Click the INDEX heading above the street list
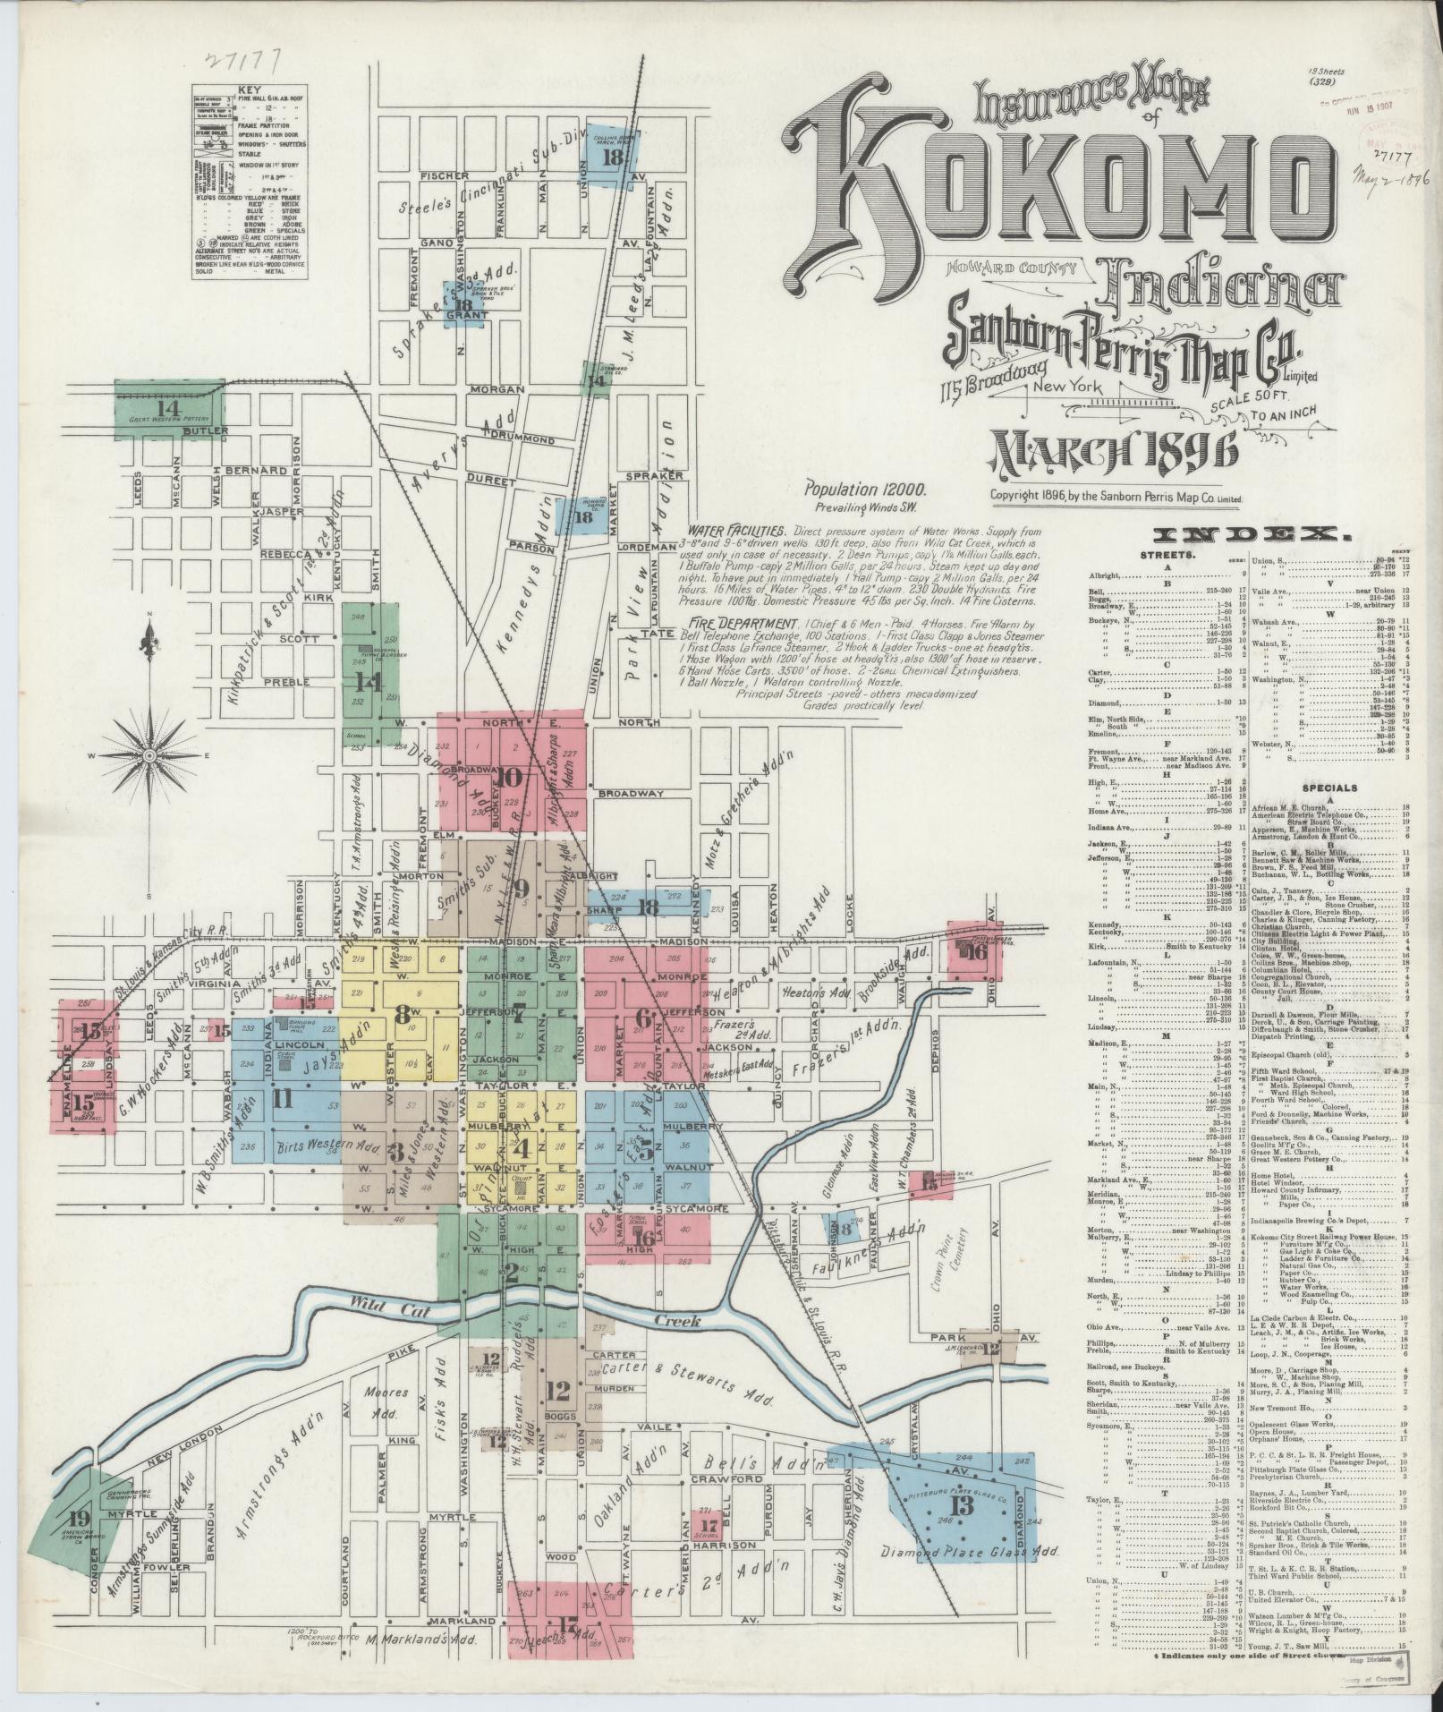[1249, 536]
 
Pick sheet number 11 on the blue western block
[282, 1100]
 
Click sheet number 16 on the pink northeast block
[976, 953]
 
